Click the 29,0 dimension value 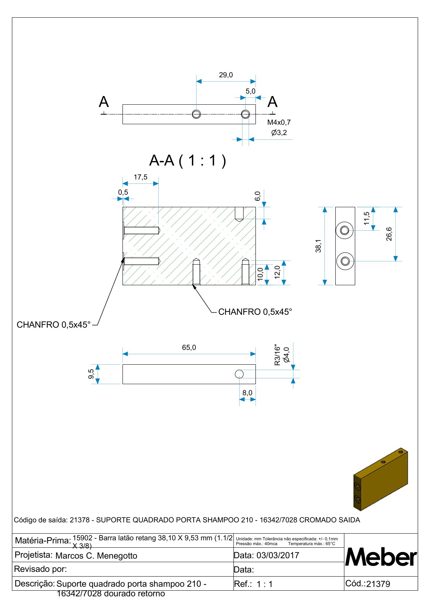coord(226,75)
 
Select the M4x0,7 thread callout coord(279,122)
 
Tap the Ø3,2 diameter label coord(279,133)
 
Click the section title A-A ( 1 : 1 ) coord(188,160)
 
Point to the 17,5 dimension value coord(141,177)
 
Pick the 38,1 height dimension coord(318,246)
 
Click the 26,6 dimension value coord(389,234)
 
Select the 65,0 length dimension coord(189,347)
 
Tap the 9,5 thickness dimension coord(91,374)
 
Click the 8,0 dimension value coord(248,393)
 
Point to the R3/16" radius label coord(278,355)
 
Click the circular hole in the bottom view coord(239,374)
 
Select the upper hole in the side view coord(345,230)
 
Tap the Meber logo coord(381,557)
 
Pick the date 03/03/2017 coord(278,555)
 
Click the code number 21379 coord(378,584)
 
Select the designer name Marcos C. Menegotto coord(96,556)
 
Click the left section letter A coord(104,102)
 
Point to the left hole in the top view coord(196,114)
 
